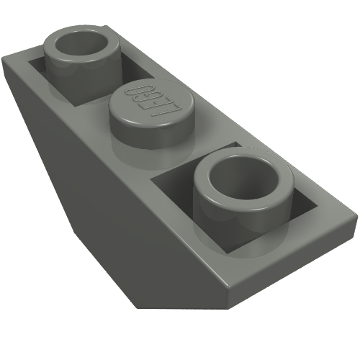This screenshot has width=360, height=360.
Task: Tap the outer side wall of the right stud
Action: (230, 216)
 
